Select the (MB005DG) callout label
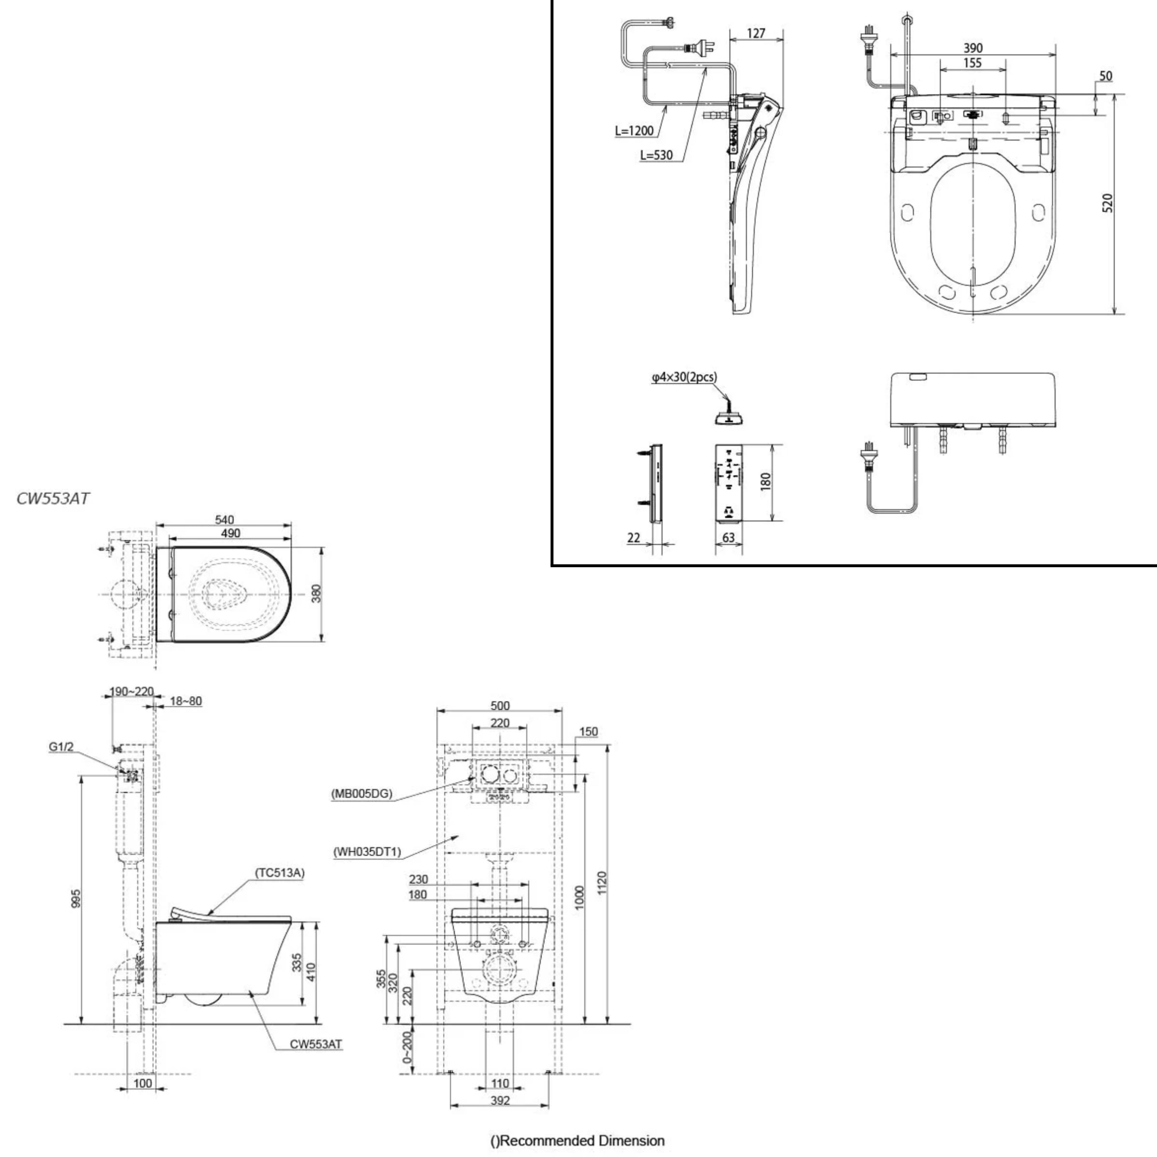pos(362,793)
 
